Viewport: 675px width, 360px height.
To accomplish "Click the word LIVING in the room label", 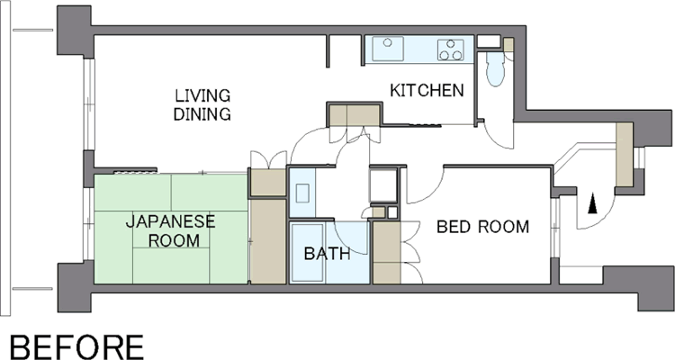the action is [x=202, y=95].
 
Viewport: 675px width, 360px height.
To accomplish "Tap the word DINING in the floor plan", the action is [x=202, y=114].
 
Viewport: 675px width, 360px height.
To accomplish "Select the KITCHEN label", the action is [x=427, y=90].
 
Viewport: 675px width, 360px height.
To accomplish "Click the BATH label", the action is [x=327, y=254].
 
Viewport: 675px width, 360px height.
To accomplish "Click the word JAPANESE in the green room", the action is [x=170, y=221].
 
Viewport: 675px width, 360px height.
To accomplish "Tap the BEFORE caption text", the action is [x=76, y=347].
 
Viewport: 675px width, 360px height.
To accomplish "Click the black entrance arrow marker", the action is [x=593, y=203].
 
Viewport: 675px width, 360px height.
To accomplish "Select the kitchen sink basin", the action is [x=388, y=49].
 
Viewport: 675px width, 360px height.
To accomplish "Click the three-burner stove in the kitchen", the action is [x=451, y=50].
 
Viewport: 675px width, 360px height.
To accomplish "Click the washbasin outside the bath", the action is [x=301, y=193].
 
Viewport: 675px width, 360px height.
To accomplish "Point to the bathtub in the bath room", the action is [x=308, y=253].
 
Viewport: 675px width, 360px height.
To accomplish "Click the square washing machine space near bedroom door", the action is [x=382, y=185].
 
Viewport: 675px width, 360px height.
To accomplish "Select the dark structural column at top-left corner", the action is [x=75, y=30].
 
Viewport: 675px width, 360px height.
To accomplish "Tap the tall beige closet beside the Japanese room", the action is [x=268, y=241].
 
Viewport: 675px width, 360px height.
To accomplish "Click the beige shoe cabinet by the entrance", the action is [x=624, y=155].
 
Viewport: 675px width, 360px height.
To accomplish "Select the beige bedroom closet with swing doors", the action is [x=386, y=253].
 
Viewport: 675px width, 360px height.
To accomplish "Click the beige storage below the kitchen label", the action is [x=354, y=115].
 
